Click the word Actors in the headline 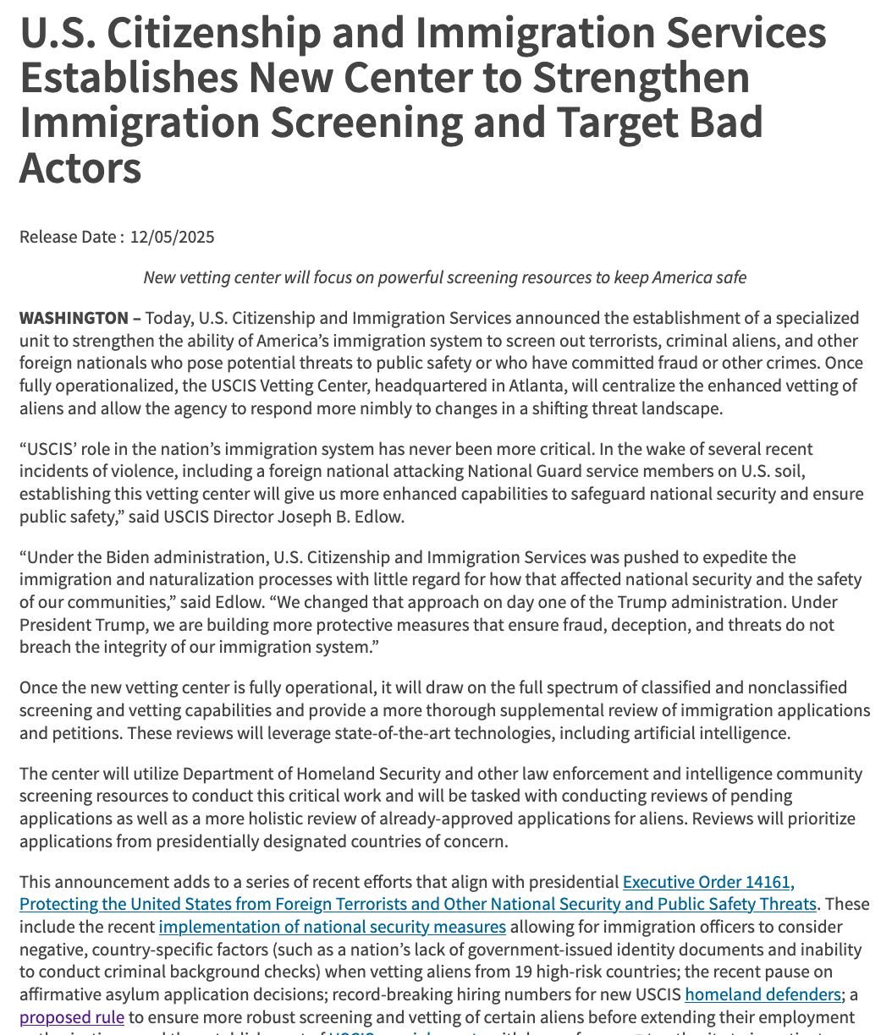coord(80,167)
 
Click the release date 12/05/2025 coord(172,237)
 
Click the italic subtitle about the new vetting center coord(444,277)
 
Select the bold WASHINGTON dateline coord(74,318)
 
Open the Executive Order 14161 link coord(708,883)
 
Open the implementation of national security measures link coord(333,927)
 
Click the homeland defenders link coord(763,994)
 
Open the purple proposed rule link coord(72,1016)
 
